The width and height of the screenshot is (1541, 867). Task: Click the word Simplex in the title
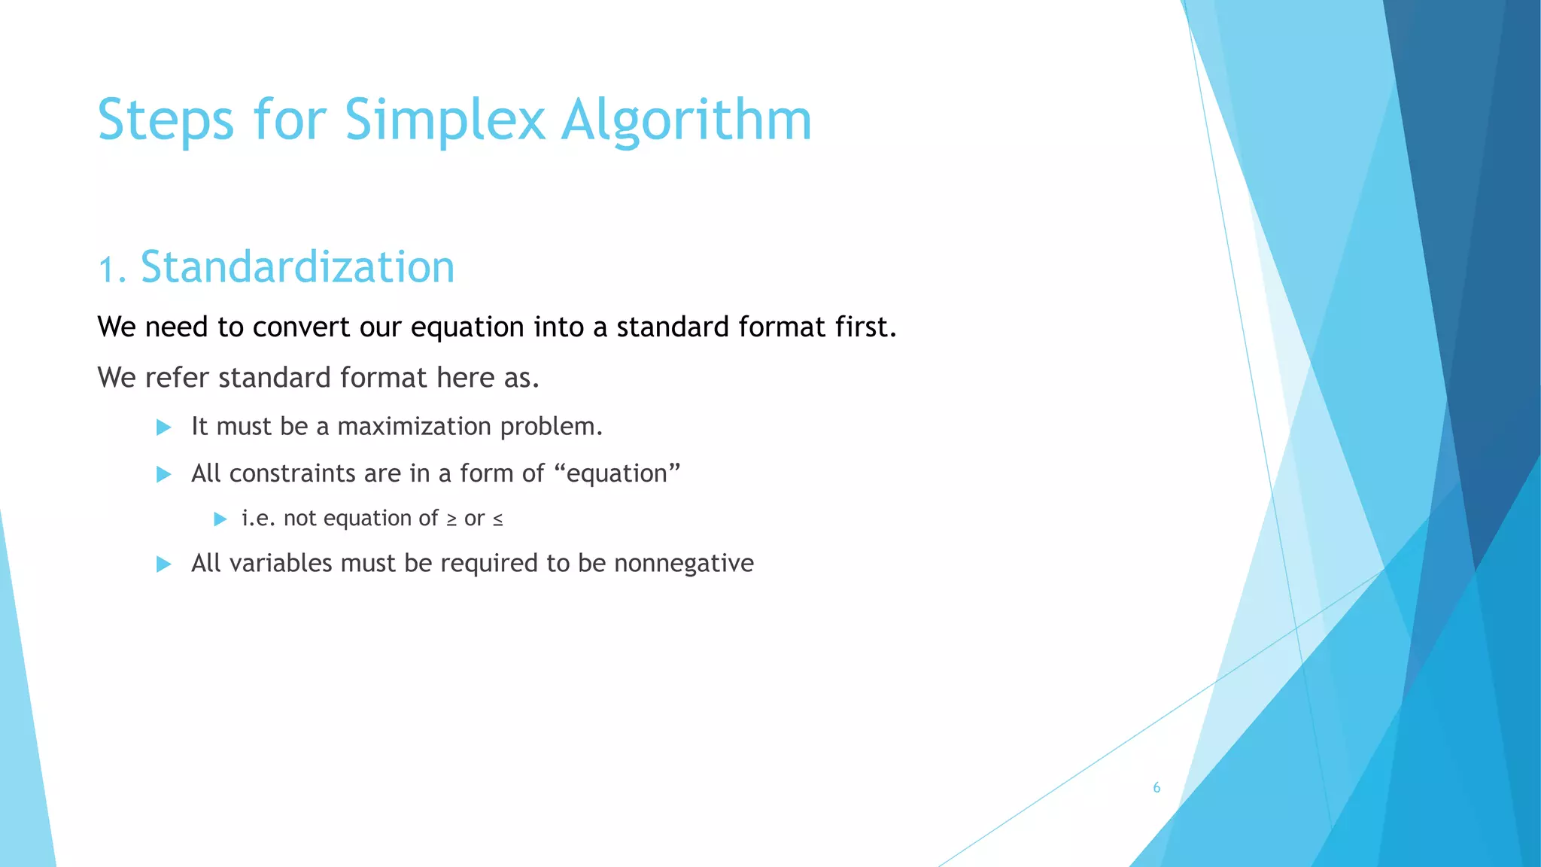pos(444,120)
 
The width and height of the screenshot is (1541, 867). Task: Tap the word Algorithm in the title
pos(686,120)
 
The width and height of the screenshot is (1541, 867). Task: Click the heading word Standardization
pos(297,267)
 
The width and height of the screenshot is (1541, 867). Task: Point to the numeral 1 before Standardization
pos(108,269)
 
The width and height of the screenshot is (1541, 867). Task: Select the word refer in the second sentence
pos(176,378)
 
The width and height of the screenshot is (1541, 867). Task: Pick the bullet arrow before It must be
pos(163,427)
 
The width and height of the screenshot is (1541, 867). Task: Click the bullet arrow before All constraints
pos(163,474)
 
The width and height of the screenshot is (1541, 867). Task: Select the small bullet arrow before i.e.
pos(220,519)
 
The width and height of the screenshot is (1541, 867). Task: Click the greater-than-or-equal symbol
pos(451,519)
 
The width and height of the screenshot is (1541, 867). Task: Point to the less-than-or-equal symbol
pos(497,519)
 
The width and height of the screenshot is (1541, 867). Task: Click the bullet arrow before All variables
pos(163,564)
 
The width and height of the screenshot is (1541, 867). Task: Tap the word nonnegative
pos(683,564)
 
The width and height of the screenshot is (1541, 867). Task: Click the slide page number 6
pos(1157,788)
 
